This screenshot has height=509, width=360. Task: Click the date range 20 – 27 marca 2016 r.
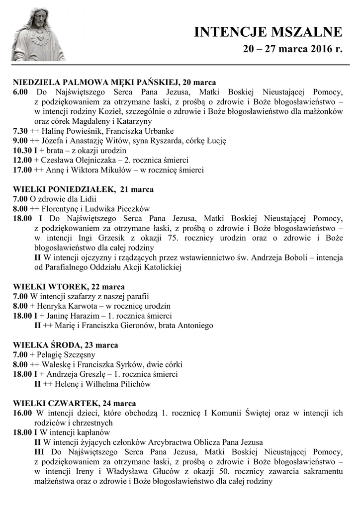(293, 50)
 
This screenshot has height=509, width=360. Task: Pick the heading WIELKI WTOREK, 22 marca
(69, 287)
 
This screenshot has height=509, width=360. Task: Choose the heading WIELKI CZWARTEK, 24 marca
(75, 403)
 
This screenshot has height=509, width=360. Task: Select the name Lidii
(80, 199)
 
